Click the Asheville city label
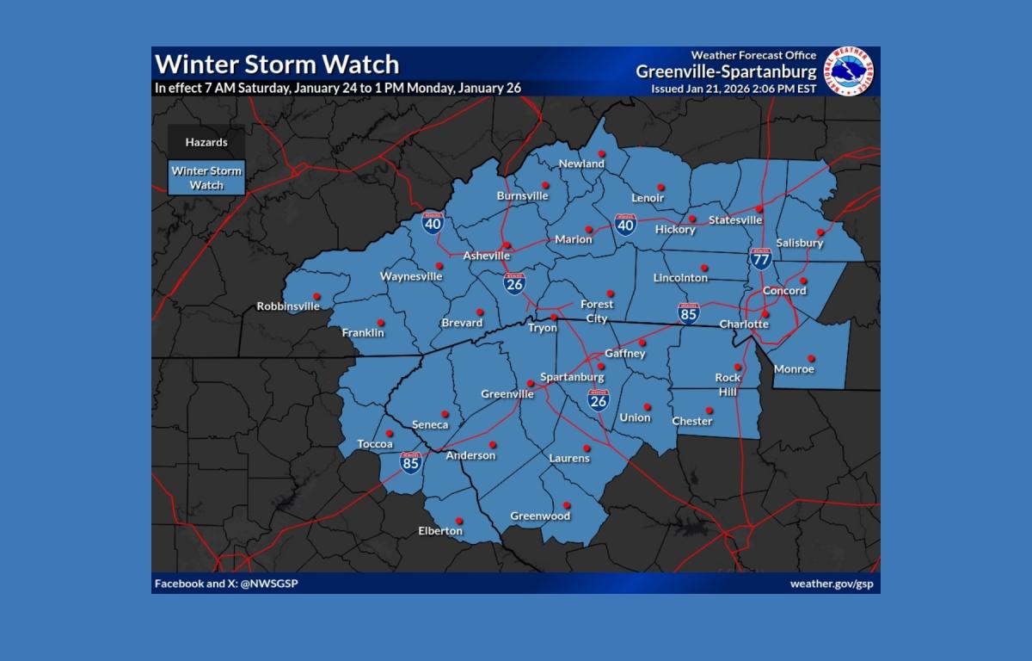point(487,256)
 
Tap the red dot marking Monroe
point(810,358)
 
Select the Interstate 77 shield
point(760,258)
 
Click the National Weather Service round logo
point(849,71)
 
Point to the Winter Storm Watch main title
point(277,65)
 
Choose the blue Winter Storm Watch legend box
point(206,177)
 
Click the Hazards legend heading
point(206,142)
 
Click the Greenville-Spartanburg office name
point(727,71)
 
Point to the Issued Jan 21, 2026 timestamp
point(734,88)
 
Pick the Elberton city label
point(440,531)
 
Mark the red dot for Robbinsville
point(316,294)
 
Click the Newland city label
point(582,164)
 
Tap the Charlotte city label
point(745,324)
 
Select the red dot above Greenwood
point(567,505)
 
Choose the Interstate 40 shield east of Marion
point(625,225)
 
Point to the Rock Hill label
point(728,383)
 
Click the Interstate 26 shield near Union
point(599,399)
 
